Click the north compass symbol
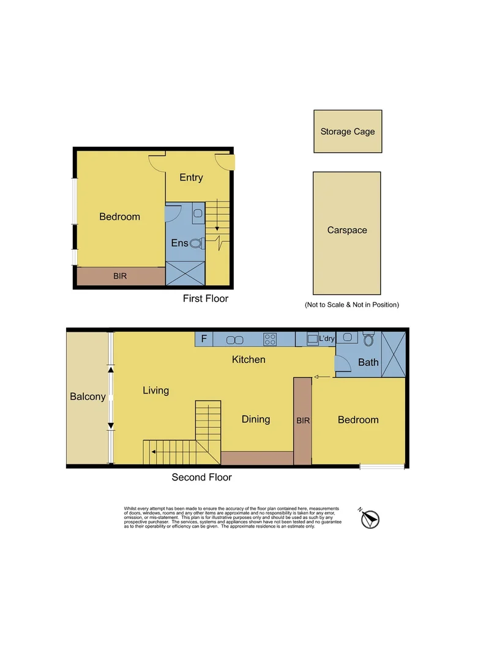[x=370, y=518]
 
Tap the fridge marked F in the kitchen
[x=204, y=338]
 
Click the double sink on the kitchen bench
[x=235, y=339]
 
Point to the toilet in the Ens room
[x=196, y=243]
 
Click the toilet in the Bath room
[x=368, y=338]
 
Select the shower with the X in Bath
[x=393, y=354]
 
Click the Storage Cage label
[x=348, y=132]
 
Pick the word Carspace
[x=347, y=230]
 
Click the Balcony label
[x=88, y=397]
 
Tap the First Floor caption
[x=206, y=299]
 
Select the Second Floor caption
[x=201, y=477]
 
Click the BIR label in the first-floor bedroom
[x=121, y=277]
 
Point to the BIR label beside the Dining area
[x=303, y=421]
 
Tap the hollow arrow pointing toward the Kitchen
[x=319, y=377]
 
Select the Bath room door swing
[x=343, y=364]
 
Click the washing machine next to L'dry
[x=312, y=338]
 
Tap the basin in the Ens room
[x=197, y=212]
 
